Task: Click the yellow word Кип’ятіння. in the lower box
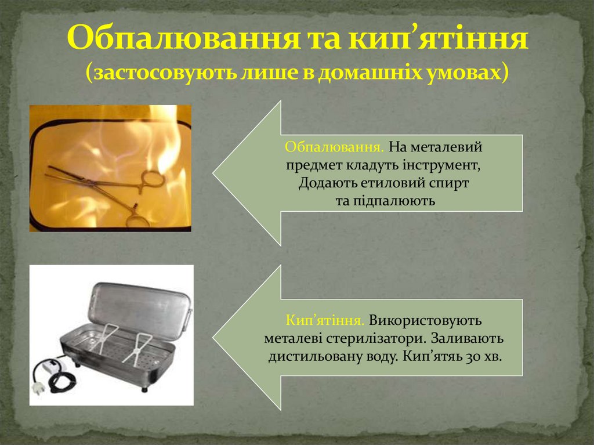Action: coord(325,320)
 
